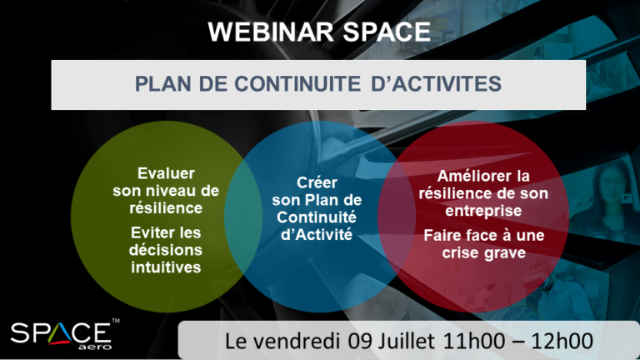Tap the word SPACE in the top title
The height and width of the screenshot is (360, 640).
point(387,32)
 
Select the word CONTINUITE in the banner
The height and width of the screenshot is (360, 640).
point(297,83)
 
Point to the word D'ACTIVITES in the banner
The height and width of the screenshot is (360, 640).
point(436,83)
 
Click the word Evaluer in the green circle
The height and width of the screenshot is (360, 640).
point(166,173)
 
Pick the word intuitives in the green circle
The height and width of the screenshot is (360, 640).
point(166,267)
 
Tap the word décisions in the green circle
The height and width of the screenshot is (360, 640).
point(166,250)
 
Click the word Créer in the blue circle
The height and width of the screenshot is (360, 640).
point(317,182)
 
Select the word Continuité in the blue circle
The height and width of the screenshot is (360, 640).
point(317,217)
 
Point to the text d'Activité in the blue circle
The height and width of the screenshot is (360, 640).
point(317,235)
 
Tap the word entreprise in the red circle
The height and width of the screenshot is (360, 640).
point(483,211)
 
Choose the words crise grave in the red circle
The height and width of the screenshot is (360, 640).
point(483,252)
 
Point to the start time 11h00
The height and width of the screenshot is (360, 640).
point(473,341)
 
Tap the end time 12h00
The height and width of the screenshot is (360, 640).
point(562,341)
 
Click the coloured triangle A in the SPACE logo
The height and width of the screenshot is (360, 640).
point(60,333)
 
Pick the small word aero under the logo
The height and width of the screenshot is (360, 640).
point(94,347)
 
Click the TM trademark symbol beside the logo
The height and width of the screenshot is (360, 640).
point(116,321)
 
